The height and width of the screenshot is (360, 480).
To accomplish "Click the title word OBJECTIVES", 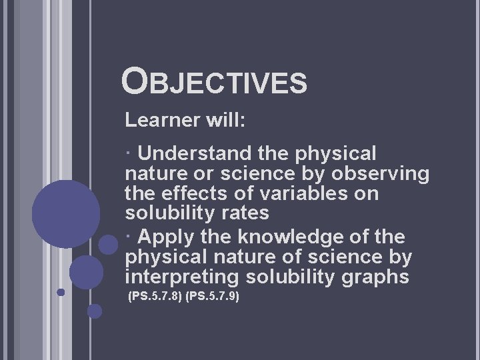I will (215, 82).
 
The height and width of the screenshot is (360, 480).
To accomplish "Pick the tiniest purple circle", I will (61, 292).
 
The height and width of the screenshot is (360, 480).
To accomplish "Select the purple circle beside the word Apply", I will (108, 244).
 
